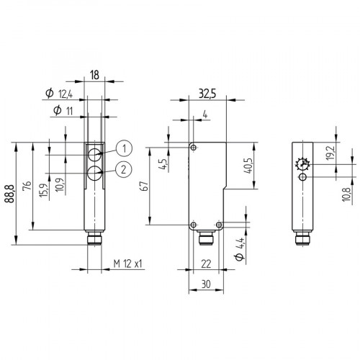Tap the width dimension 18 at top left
pyautogui.click(x=94, y=73)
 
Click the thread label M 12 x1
pyautogui.click(x=129, y=264)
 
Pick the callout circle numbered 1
pyautogui.click(x=125, y=149)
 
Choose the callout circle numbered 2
pyautogui.click(x=125, y=170)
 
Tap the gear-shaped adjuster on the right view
pyautogui.click(x=302, y=165)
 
